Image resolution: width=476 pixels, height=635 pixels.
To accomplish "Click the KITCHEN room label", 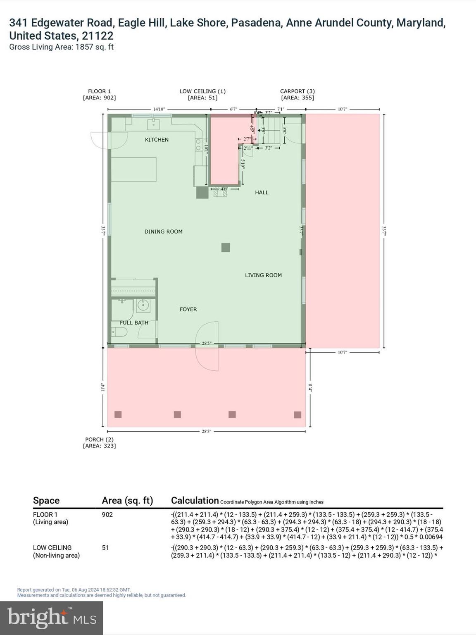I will click(x=157, y=140).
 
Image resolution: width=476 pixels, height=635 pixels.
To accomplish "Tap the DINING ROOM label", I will click(x=163, y=232).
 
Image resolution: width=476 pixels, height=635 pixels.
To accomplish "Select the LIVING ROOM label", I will click(x=263, y=275).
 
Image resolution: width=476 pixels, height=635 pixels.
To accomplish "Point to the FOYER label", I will click(x=188, y=309).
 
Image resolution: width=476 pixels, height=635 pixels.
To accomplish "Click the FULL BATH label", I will click(x=134, y=322).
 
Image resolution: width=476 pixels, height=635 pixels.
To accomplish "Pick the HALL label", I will click(x=262, y=192).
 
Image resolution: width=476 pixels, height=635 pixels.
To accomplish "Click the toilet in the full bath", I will click(x=117, y=332).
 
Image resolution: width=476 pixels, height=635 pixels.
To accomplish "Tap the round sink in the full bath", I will click(x=143, y=306).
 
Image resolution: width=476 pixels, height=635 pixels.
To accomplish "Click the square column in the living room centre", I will click(x=225, y=248).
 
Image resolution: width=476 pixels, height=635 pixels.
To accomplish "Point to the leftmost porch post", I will click(x=118, y=414).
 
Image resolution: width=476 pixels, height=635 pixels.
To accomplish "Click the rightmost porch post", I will click(x=297, y=415).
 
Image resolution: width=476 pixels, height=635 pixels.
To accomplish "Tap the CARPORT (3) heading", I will click(x=297, y=91).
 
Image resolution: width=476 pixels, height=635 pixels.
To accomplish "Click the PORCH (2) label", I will click(x=99, y=439).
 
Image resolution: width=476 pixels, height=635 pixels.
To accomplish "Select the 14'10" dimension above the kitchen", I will click(x=159, y=109).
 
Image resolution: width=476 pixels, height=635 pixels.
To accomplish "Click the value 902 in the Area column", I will click(x=107, y=515).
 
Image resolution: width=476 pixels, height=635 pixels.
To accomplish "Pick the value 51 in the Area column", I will click(x=105, y=548).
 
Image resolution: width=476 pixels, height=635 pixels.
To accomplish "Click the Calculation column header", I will click(x=195, y=501).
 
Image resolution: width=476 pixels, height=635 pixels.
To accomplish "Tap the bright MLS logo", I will click(x=52, y=618).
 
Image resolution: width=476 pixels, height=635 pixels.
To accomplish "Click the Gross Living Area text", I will click(x=61, y=47).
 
